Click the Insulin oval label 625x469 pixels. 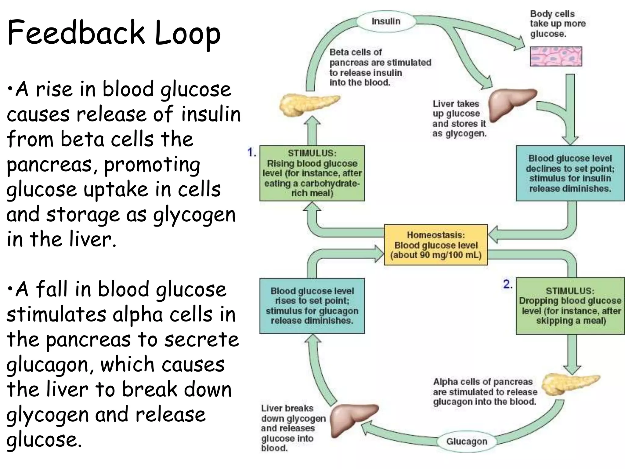pos(386,21)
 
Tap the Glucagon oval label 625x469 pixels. pos(466,441)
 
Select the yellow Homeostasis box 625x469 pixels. pos(436,245)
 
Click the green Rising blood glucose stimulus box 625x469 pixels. pos(312,173)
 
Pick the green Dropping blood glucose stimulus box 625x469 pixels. pos(570,306)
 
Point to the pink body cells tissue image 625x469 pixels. pos(556,56)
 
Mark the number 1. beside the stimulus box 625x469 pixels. pos(252,152)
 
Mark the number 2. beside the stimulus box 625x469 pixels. pos(508,284)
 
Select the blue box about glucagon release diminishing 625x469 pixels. pos(312,306)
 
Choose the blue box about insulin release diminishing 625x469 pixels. pos(570,173)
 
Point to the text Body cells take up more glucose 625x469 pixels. pos(558,24)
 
